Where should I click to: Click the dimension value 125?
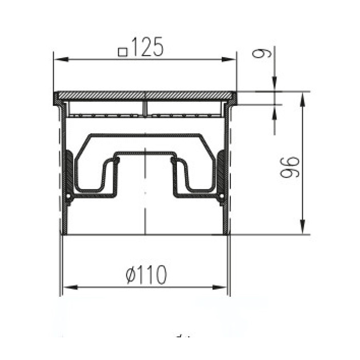click(147, 47)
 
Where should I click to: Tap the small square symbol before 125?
click(123, 52)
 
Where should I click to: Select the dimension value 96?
click(290, 167)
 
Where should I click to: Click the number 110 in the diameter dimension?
click(152, 275)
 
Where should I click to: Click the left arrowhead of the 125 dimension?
click(61, 60)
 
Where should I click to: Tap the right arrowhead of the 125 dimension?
click(229, 60)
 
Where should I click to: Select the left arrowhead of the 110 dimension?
click(70, 287)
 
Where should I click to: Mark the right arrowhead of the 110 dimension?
click(220, 287)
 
